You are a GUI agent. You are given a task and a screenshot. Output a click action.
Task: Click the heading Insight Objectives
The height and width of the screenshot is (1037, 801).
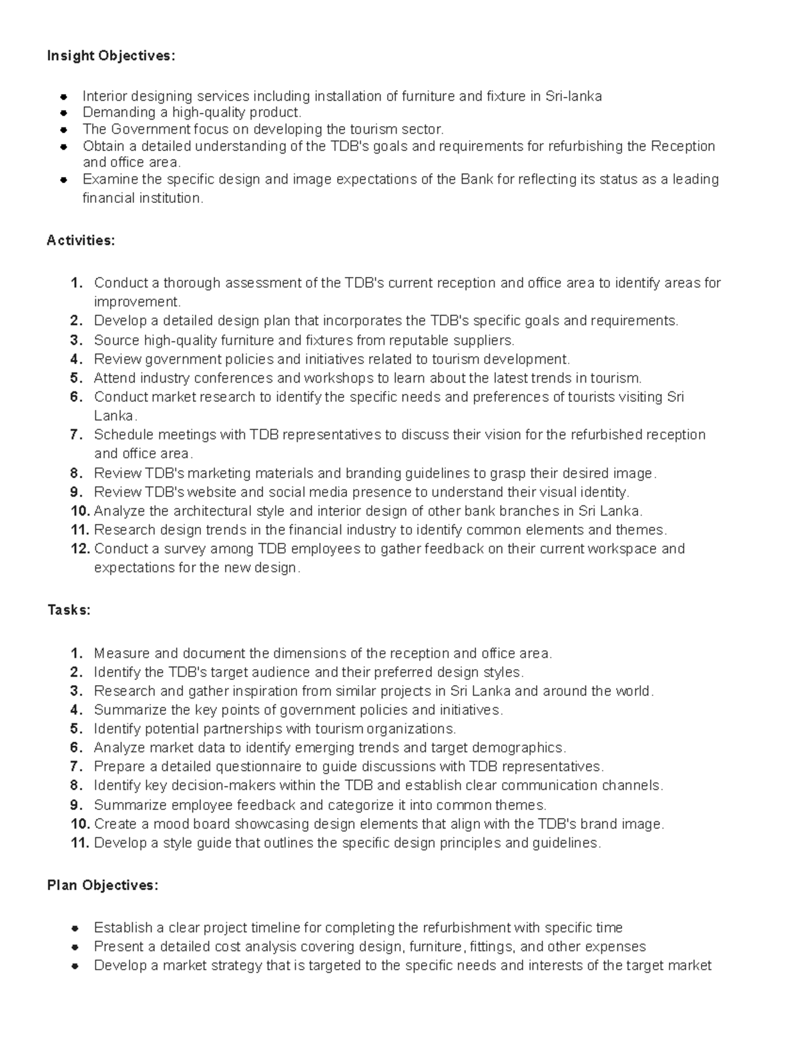pos(111,55)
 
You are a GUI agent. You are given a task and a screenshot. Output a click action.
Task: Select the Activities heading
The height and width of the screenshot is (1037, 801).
pos(81,240)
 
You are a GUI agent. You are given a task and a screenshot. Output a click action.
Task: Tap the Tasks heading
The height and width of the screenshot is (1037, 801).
pos(69,610)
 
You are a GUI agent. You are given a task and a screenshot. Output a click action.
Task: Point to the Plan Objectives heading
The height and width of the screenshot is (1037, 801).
pos(103,885)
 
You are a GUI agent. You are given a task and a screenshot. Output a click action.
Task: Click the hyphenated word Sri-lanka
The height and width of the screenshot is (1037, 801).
pos(573,96)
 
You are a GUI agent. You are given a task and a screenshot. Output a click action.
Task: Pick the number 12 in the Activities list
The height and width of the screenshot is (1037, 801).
pos(79,549)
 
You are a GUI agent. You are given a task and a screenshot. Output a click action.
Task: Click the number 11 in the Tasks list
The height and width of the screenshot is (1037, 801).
pos(79,843)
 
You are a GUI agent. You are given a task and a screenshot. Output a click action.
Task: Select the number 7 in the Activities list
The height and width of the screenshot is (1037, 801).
pos(76,435)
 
